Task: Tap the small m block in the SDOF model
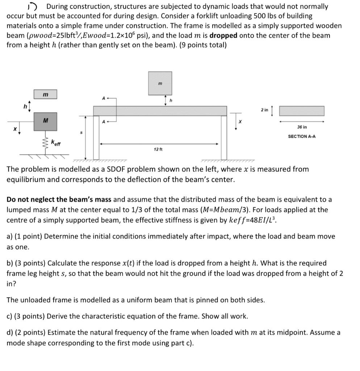pyautogui.click(x=45, y=95)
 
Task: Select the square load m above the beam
pyautogui.click(x=160, y=83)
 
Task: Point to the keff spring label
pyautogui.click(x=56, y=142)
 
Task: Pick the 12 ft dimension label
pyautogui.click(x=158, y=149)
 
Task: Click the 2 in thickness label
pyautogui.click(x=264, y=110)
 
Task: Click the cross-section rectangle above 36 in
pyautogui.click(x=302, y=111)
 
